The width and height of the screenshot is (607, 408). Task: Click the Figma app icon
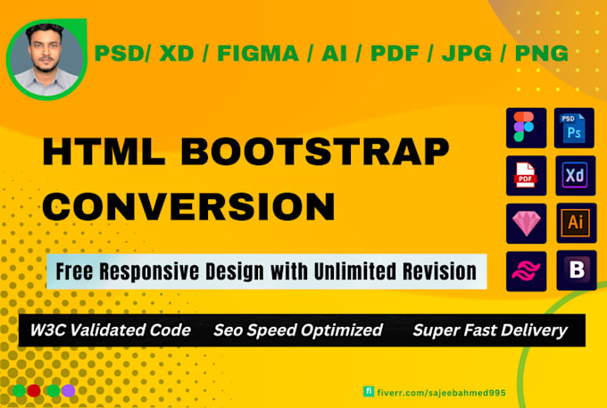527,128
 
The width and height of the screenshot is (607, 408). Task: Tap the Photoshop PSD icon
576,128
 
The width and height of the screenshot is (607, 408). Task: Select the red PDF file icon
527,175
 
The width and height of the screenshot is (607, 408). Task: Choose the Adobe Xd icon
576,175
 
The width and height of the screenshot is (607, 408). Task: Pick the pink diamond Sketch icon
527,222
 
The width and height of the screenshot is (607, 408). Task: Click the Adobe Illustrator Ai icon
576,222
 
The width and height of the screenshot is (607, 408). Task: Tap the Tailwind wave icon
527,270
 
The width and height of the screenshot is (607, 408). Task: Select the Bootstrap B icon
576,270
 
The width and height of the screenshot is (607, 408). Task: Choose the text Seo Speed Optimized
297,330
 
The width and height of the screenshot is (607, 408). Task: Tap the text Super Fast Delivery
489,330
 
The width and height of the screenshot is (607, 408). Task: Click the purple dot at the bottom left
69,390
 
